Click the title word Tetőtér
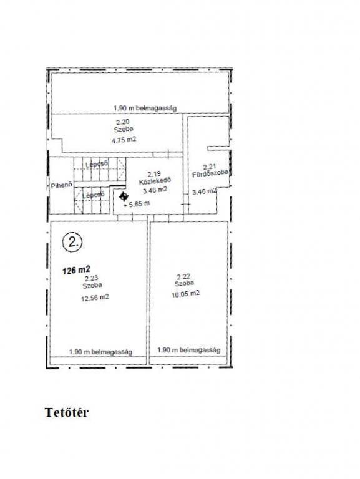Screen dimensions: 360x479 click(67, 412)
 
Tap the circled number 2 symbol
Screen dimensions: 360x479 click(72, 243)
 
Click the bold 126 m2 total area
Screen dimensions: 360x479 click(76, 270)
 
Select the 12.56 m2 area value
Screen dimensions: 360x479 click(95, 298)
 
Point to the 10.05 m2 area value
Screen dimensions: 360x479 click(186, 294)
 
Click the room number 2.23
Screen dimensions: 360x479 click(91, 279)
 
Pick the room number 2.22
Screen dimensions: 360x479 click(183, 276)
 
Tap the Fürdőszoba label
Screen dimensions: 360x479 click(210, 173)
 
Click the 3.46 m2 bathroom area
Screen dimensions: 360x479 click(205, 191)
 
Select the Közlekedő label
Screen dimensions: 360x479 click(155, 181)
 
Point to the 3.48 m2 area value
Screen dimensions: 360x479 click(155, 190)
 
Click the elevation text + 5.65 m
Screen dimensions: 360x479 click(137, 204)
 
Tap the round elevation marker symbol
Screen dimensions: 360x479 click(124, 196)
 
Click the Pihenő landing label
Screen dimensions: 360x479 click(61, 185)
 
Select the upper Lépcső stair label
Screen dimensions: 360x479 click(97, 164)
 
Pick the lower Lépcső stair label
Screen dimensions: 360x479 click(94, 195)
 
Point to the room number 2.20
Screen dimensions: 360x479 click(123, 122)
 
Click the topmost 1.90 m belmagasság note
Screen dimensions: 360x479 click(145, 108)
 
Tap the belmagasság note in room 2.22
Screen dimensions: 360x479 click(189, 350)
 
